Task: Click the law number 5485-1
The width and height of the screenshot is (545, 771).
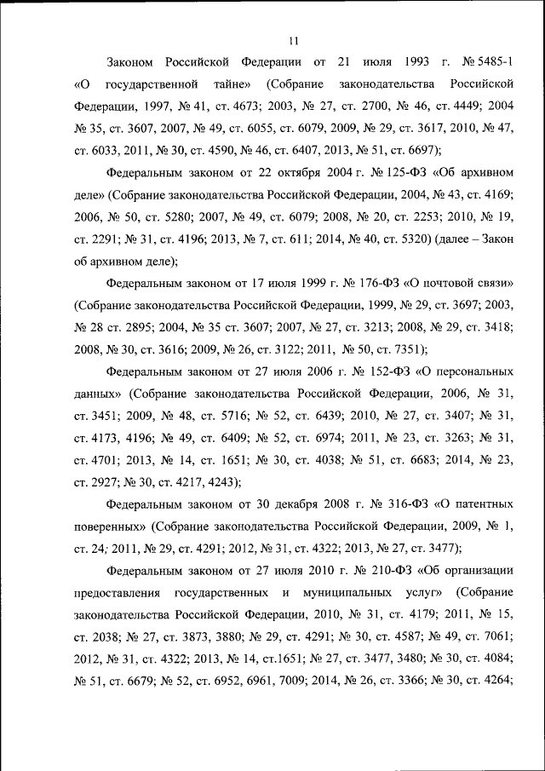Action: click(x=492, y=62)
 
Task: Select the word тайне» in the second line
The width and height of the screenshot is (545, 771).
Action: click(x=227, y=84)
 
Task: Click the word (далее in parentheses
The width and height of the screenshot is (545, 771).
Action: click(x=454, y=239)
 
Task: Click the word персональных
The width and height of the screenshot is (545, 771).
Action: click(x=473, y=372)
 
